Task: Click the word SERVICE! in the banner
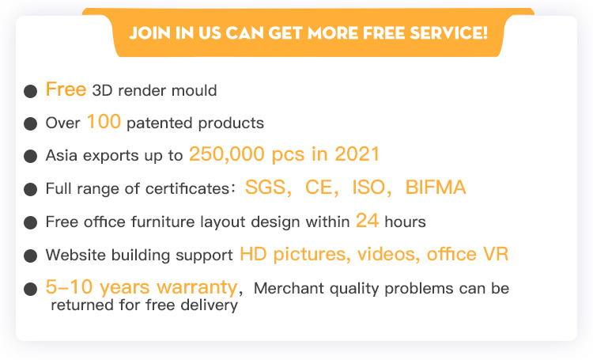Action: point(449,33)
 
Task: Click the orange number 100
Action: point(104,122)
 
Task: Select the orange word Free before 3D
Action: point(66,89)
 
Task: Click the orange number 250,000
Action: point(227,154)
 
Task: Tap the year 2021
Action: point(357,154)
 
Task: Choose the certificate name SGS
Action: point(266,187)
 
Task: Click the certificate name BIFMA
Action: point(436,187)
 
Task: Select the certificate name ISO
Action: point(368,187)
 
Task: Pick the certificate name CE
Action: point(319,187)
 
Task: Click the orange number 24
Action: point(367,220)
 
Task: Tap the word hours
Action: point(405,222)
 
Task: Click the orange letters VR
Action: point(496,254)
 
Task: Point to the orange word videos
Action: point(386,254)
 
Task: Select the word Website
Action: point(76,255)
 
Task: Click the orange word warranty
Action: point(197,287)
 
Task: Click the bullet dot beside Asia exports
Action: point(30,156)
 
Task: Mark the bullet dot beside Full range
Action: point(30,189)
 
